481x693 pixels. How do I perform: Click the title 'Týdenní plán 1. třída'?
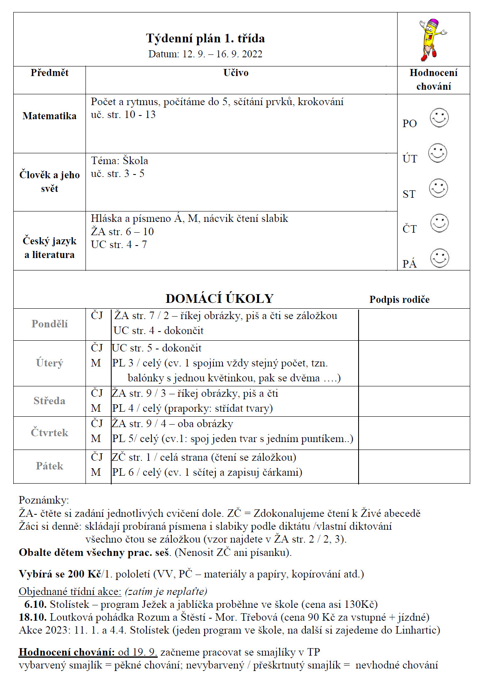tap(205, 38)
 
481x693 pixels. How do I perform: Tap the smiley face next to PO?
tap(439, 118)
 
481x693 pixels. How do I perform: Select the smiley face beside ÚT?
tap(437, 153)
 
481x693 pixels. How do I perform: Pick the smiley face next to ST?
tap(438, 188)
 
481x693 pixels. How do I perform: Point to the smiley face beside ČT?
tap(439, 223)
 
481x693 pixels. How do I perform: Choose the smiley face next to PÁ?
tap(439, 258)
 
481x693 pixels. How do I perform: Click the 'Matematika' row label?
tap(49, 116)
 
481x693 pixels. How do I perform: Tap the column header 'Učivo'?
tap(236, 73)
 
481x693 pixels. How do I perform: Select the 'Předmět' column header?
tap(49, 73)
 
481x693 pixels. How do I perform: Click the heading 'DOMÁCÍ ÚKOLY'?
tap(219, 298)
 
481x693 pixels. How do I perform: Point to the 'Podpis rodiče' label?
tap(399, 300)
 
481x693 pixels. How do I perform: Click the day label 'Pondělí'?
tap(49, 324)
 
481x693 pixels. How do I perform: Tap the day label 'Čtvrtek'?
tap(49, 433)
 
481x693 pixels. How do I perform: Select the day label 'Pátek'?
tap(49, 466)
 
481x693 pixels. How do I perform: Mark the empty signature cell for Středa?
tap(414, 401)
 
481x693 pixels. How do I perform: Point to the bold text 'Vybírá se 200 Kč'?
tap(60, 574)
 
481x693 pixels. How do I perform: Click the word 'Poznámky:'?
tap(44, 500)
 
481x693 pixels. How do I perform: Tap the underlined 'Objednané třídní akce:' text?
tap(70, 591)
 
